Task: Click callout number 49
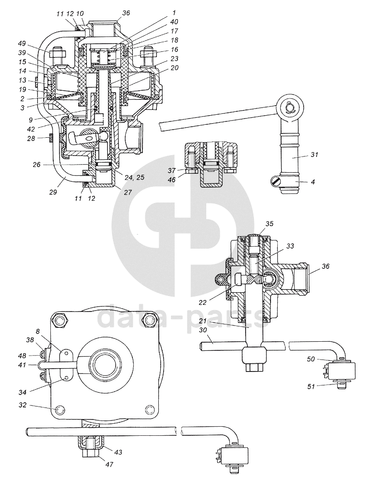22,43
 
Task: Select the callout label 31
314,155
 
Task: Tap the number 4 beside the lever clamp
313,181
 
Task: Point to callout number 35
269,224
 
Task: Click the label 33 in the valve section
290,246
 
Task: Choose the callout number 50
310,359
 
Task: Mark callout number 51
311,386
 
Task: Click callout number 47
108,465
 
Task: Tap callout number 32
23,406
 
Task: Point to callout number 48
22,356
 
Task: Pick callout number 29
53,192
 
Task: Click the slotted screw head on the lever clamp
274,181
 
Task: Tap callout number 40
174,22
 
